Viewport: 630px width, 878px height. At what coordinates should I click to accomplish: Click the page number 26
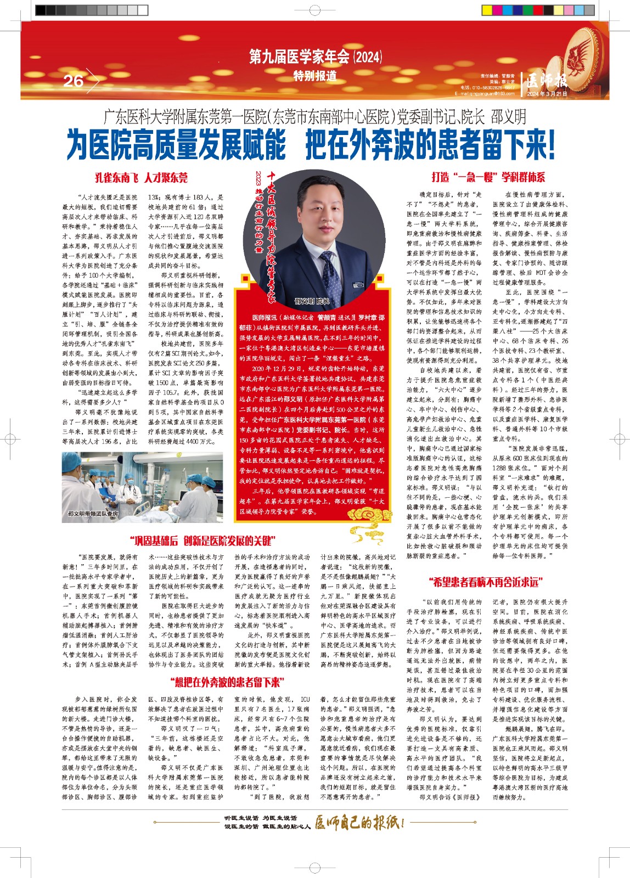[74, 81]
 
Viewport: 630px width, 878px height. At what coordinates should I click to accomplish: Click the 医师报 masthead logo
[547, 81]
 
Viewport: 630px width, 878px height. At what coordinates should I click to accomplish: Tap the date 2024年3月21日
[547, 94]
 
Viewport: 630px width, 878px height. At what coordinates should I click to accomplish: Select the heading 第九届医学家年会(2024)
[315, 57]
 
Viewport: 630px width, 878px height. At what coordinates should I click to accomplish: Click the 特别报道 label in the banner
[315, 76]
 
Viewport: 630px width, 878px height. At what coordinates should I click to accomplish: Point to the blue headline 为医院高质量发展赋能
[176, 145]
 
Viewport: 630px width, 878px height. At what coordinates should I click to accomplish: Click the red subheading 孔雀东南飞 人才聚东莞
[141, 177]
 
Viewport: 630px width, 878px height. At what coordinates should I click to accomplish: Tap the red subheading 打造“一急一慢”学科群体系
[488, 177]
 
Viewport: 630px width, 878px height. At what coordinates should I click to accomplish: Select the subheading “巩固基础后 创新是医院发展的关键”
[203, 541]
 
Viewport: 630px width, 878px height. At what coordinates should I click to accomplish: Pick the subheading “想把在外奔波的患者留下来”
[227, 682]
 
